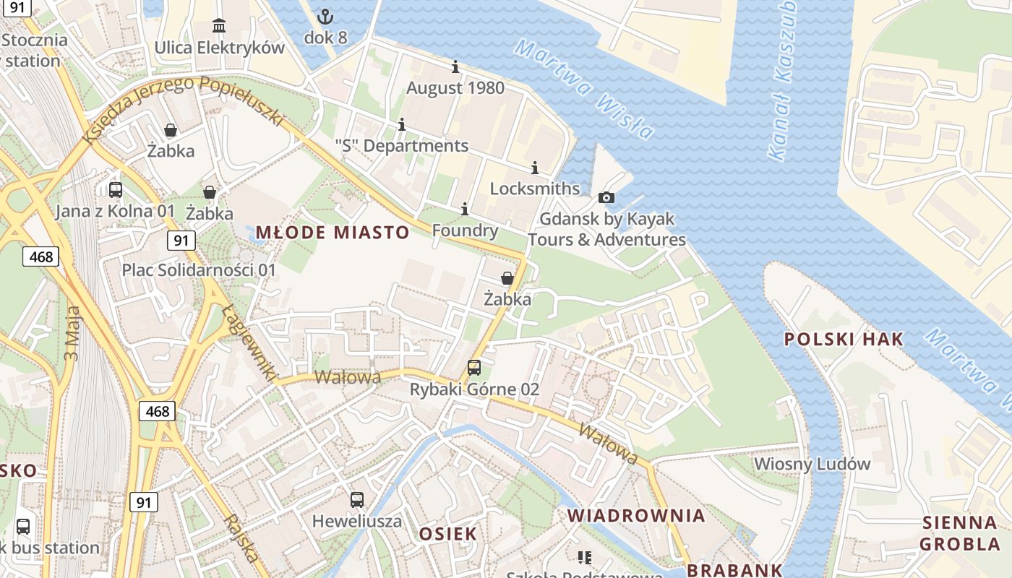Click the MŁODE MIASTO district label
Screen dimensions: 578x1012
[x=333, y=233]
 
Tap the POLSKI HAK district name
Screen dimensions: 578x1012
[x=844, y=339]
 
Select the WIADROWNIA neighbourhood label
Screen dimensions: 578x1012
[x=636, y=515]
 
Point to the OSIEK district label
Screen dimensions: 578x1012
[x=448, y=534]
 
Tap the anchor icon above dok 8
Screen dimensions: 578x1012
[x=325, y=16]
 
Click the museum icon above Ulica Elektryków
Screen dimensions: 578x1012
[x=219, y=27]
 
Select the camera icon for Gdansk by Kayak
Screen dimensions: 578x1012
[x=606, y=197]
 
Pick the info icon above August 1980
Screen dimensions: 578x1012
[x=455, y=67]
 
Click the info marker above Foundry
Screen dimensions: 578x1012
[x=465, y=210]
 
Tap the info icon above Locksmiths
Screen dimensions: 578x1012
[x=535, y=168]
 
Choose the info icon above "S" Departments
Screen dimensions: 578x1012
[x=402, y=125]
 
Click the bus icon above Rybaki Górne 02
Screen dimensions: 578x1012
[x=474, y=368]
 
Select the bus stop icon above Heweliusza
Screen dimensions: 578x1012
[x=357, y=499]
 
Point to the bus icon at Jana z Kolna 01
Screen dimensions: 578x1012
[x=116, y=190]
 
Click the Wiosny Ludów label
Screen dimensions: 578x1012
[x=812, y=464]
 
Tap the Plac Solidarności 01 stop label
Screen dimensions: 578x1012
[x=199, y=270]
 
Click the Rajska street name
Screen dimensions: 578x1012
[x=240, y=538]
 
